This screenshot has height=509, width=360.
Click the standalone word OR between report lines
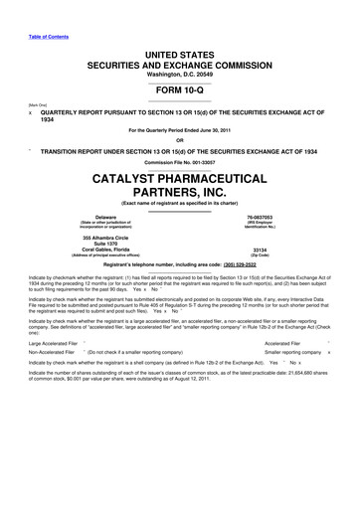[x=180, y=138]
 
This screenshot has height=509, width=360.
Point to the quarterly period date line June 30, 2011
[x=180, y=130]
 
